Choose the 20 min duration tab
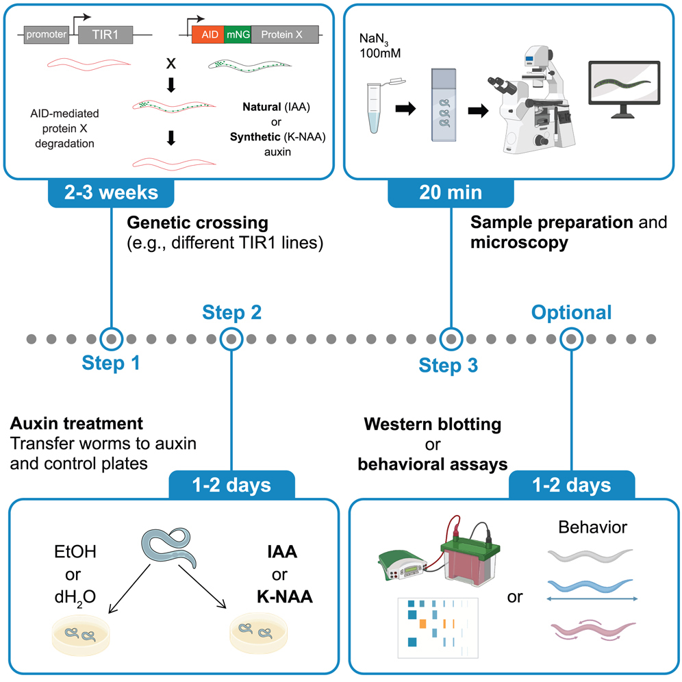(x=449, y=192)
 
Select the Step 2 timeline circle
(x=232, y=339)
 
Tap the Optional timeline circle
(x=571, y=339)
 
